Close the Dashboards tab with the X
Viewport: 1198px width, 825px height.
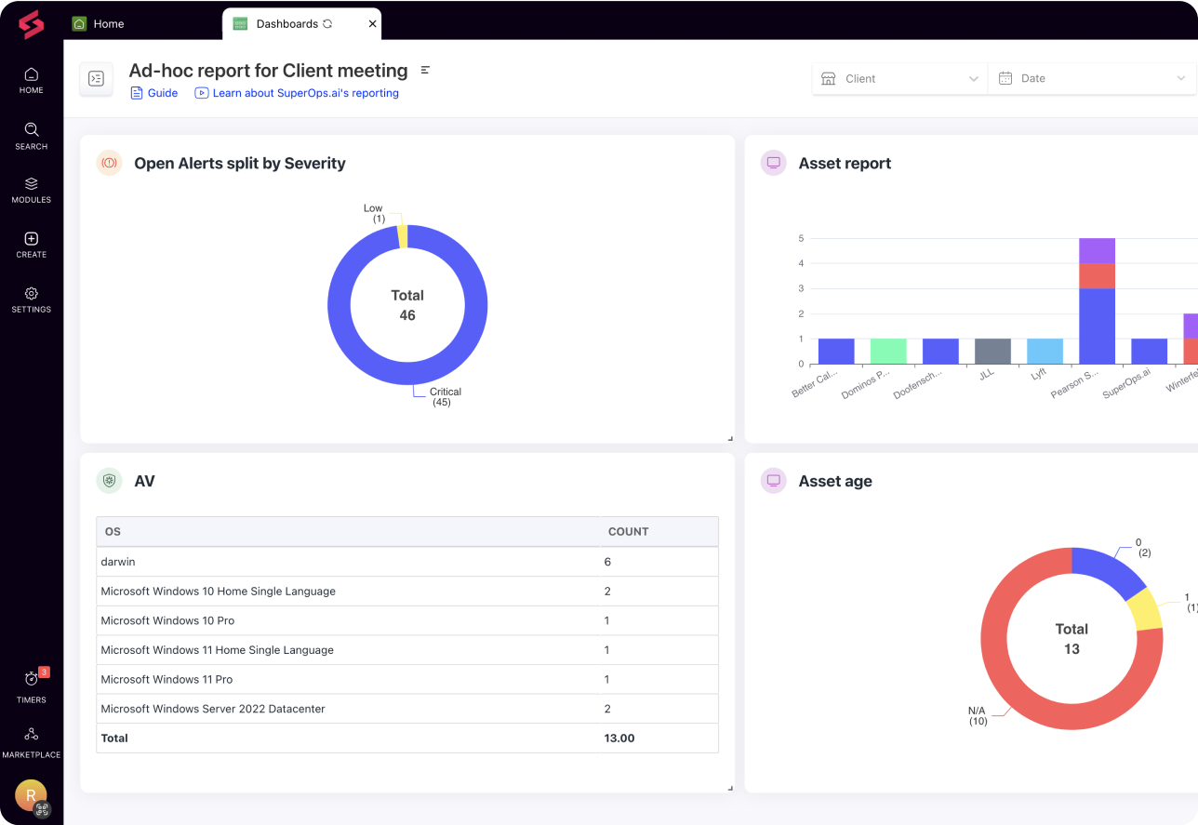click(373, 24)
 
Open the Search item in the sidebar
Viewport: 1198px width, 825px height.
click(31, 136)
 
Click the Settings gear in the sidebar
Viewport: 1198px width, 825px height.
click(31, 299)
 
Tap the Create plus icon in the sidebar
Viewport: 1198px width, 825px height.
click(31, 244)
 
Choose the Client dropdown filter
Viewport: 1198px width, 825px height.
click(898, 79)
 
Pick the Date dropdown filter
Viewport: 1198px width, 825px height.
click(1091, 79)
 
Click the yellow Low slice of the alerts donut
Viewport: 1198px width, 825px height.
click(403, 236)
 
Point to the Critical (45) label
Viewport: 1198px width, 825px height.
click(445, 397)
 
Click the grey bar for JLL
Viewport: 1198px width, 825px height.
click(992, 351)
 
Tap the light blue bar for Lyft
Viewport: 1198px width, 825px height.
click(1045, 351)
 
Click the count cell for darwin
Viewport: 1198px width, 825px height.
click(608, 562)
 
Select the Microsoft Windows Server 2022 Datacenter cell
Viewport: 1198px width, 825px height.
click(213, 709)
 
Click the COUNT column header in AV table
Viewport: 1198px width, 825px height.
click(628, 532)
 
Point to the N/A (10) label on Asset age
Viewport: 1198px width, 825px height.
click(978, 715)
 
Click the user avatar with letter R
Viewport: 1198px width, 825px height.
click(31, 795)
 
